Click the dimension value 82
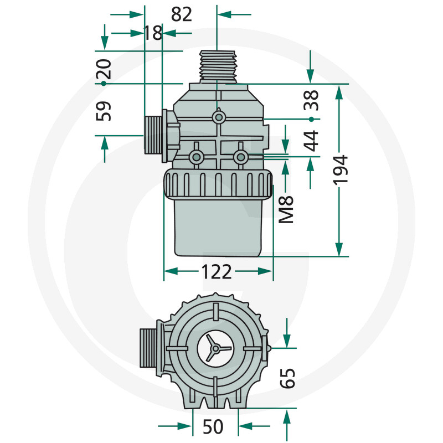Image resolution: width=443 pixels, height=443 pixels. coord(182,14)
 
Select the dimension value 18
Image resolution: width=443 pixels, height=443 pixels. coord(153,33)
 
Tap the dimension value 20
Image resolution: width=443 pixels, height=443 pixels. coord(104,69)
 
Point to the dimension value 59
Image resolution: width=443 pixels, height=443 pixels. coord(104,111)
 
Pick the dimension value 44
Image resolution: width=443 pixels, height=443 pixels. coord(312,141)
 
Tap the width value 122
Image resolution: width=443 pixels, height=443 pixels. coord(216,271)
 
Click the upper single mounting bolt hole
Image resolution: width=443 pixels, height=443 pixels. coord(219,117)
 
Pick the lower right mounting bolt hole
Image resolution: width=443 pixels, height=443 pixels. coord(240,157)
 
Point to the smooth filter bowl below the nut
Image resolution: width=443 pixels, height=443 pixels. coord(218,227)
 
